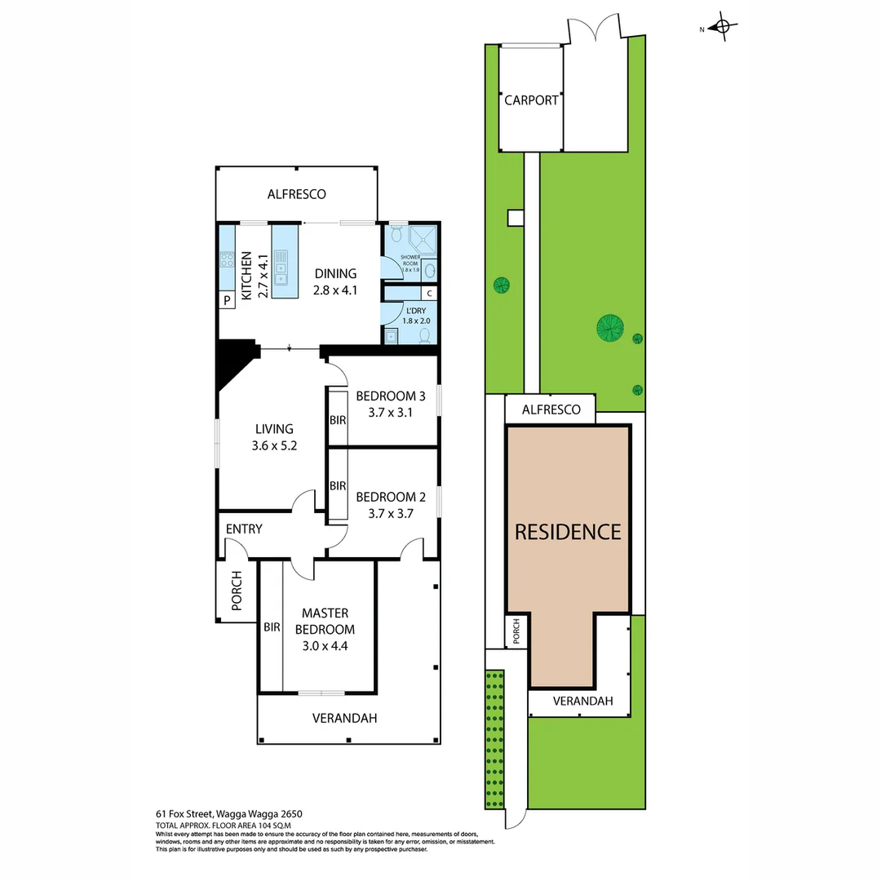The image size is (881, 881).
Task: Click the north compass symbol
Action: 719,28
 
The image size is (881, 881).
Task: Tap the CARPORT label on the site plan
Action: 531,100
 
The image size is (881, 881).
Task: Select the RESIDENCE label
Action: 568,532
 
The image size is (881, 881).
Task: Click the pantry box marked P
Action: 226,301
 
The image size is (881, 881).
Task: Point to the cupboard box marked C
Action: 429,294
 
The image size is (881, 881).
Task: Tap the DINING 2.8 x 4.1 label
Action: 335,281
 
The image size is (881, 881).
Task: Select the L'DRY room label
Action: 415,315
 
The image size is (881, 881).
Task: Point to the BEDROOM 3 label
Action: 391,405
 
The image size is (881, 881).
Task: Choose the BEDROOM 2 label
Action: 391,505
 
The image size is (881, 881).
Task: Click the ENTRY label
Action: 244,529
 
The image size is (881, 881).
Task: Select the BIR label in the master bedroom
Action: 272,628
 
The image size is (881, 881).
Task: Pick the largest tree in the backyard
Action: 609,328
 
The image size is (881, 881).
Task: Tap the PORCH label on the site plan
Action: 516,631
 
